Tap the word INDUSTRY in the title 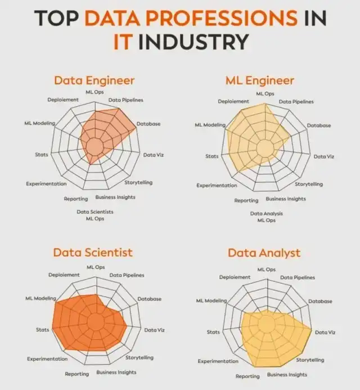click(193, 42)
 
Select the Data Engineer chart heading click(94, 80)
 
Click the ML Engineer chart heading click(260, 80)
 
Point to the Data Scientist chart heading click(94, 252)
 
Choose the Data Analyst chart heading click(264, 253)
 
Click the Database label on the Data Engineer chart click(149, 123)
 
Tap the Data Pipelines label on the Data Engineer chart click(126, 100)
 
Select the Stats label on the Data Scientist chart click(43, 329)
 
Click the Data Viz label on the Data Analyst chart click(325, 333)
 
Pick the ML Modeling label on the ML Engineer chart click(210, 125)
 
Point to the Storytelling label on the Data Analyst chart click(310, 360)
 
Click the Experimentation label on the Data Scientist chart click(47, 359)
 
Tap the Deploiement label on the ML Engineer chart click(233, 101)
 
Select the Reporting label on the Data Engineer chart click(75, 199)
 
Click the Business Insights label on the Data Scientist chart click(116, 373)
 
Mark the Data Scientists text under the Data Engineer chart click(95, 212)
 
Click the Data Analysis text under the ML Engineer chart click(267, 213)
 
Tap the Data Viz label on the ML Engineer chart click(323, 156)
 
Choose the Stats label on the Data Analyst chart click(213, 332)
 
